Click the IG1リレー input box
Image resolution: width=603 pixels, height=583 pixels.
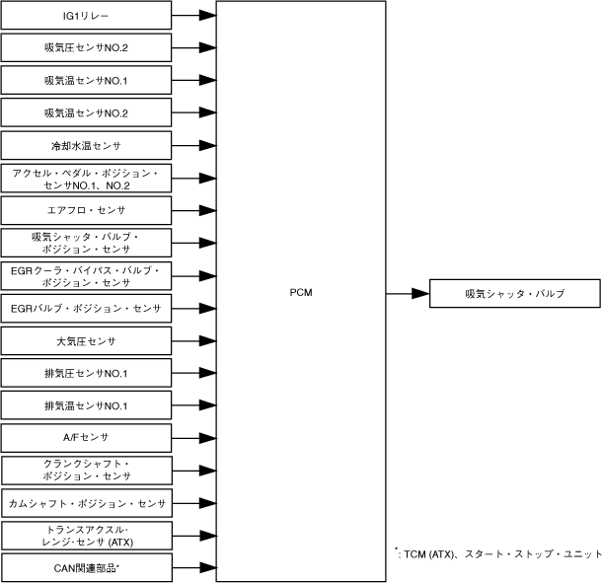coord(87,16)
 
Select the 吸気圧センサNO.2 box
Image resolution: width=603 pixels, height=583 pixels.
coord(87,47)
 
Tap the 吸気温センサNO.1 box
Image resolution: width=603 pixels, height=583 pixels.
coord(87,80)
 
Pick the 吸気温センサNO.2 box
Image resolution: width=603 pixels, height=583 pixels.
coord(87,112)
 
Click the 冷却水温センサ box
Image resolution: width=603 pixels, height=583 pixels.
coord(87,145)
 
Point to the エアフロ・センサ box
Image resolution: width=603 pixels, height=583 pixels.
coord(87,210)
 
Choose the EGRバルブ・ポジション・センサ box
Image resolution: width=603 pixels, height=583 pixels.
coord(87,309)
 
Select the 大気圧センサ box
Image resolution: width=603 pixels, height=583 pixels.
coord(87,341)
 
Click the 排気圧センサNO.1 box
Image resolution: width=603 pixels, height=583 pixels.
coord(87,374)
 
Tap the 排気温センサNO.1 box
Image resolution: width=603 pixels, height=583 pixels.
coord(87,406)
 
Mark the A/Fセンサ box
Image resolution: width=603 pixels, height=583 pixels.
coord(87,437)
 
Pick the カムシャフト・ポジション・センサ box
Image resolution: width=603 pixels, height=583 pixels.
coord(87,503)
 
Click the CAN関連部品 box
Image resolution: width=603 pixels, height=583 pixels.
coord(87,567)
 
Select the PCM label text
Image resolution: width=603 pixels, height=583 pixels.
coord(302,293)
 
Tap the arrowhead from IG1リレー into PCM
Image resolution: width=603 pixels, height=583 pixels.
coord(207,16)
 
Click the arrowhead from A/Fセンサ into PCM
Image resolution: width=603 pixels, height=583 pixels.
coord(207,437)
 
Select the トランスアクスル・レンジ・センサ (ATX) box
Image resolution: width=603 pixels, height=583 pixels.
coord(87,536)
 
